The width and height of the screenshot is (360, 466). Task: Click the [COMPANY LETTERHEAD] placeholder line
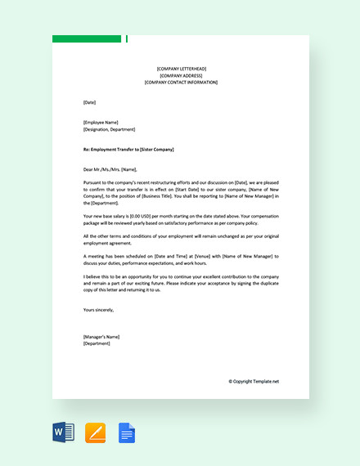pyautogui.click(x=181, y=69)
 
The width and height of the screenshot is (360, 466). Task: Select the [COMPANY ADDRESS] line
pyautogui.click(x=181, y=75)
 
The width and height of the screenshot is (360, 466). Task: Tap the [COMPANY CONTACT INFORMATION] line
pyautogui.click(x=181, y=83)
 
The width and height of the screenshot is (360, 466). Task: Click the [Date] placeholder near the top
pyautogui.click(x=89, y=102)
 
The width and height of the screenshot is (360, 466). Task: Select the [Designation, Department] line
pyautogui.click(x=109, y=129)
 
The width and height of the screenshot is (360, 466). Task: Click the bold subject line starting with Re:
pyautogui.click(x=128, y=150)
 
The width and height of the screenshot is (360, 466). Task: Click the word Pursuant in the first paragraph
pyautogui.click(x=94, y=183)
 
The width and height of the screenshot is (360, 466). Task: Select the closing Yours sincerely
pyautogui.click(x=98, y=310)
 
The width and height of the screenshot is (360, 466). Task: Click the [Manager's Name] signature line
pyautogui.click(x=101, y=337)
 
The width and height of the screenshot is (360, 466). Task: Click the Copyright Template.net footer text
pyautogui.click(x=254, y=381)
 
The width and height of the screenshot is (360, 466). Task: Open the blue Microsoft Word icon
pyautogui.click(x=63, y=432)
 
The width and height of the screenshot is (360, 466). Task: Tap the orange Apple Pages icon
pyautogui.click(x=96, y=432)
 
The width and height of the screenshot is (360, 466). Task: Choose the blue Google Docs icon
pyautogui.click(x=127, y=432)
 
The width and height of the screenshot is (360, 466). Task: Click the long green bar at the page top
pyautogui.click(x=87, y=38)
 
